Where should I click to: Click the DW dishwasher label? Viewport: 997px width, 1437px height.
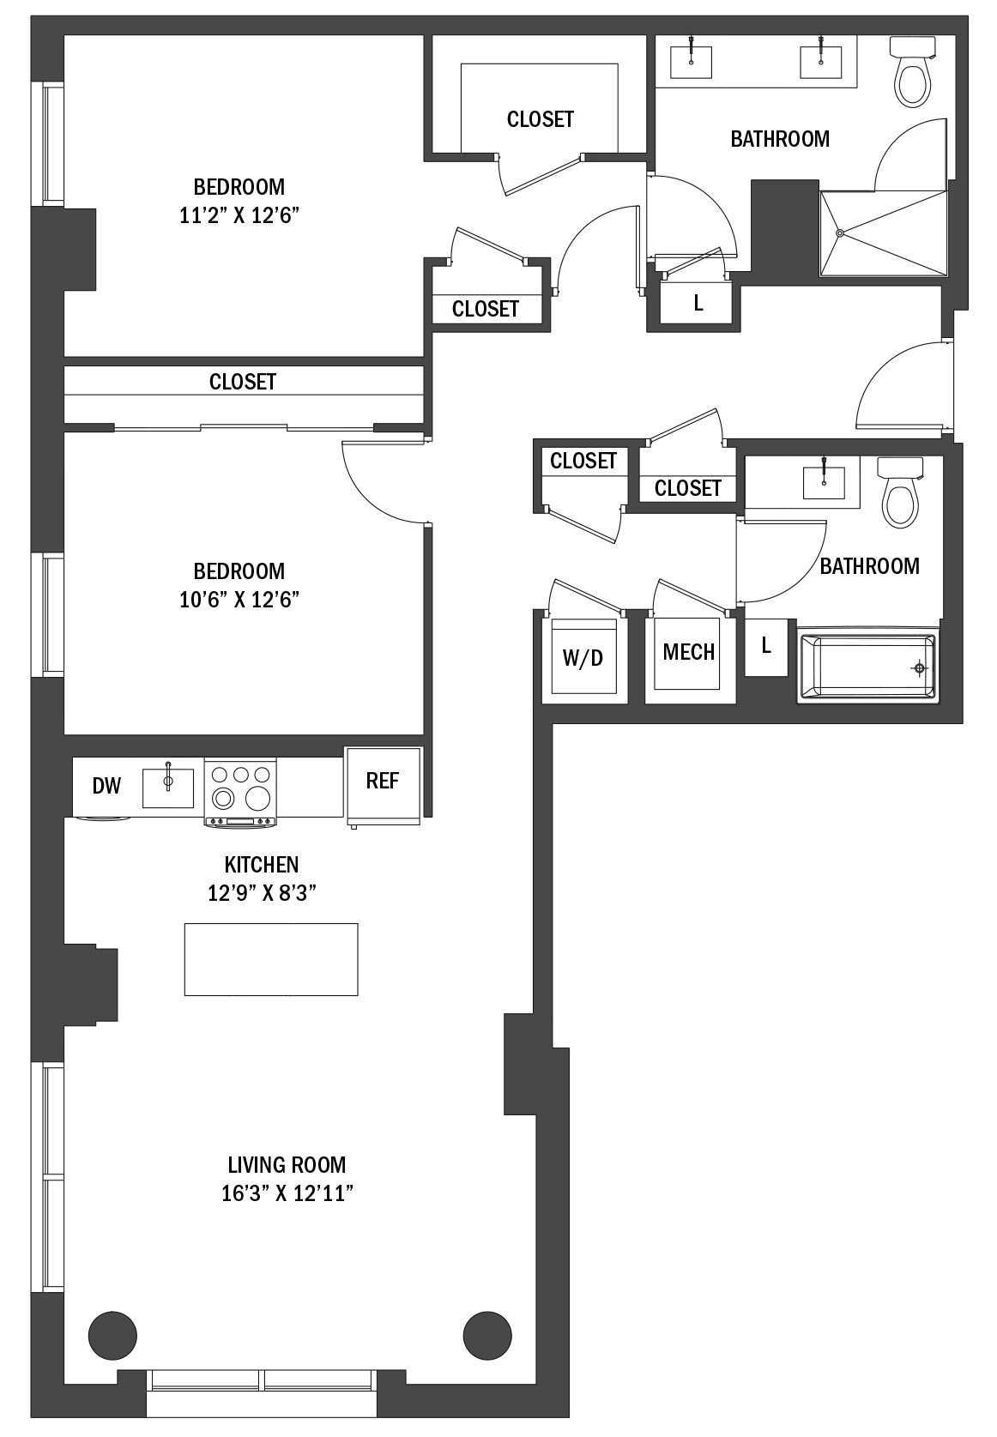coord(106,786)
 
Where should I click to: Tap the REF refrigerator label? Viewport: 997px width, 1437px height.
coord(383,781)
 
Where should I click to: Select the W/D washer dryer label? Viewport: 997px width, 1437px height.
coord(583,657)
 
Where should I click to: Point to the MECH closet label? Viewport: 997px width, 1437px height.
coord(688,652)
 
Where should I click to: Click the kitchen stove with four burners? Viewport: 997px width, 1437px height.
coord(240,792)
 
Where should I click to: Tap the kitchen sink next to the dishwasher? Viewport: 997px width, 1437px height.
coord(168,787)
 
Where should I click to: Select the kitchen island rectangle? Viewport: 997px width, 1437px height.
coord(271,960)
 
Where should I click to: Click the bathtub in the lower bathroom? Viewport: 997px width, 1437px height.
coord(867,667)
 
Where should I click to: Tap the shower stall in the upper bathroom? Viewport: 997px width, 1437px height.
coord(884,233)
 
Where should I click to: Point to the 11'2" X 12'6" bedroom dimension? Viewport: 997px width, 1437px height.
coord(239,215)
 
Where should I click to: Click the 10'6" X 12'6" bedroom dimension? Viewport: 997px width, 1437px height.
coord(239,600)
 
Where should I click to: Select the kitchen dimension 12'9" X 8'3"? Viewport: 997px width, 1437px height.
coord(262,893)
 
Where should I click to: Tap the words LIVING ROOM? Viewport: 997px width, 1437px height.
coord(287,1164)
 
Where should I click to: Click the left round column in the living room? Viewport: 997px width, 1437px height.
coord(112,1336)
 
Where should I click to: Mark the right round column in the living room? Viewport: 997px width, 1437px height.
coord(487,1336)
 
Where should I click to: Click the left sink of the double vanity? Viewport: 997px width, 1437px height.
coord(691,60)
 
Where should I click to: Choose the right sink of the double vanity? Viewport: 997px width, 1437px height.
coord(820,60)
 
